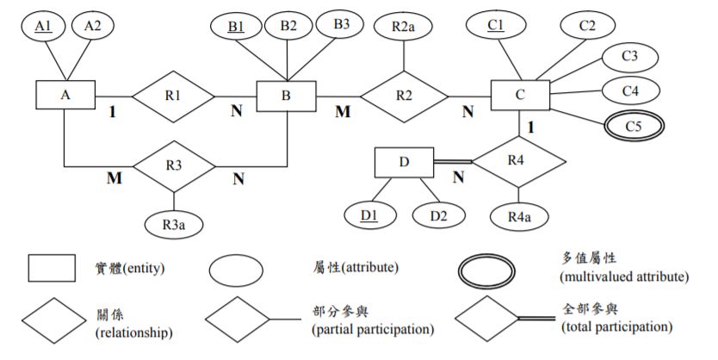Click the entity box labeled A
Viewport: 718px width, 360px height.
pos(65,95)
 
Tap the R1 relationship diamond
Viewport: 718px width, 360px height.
pos(173,95)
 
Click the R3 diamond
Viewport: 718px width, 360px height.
pos(173,164)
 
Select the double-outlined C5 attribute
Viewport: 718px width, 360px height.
pos(634,126)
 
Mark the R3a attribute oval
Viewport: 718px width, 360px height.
pos(173,222)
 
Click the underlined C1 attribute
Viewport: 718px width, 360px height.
pos(496,26)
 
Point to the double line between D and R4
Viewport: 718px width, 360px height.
pos(453,161)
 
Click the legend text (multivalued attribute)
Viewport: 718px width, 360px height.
pos(622,277)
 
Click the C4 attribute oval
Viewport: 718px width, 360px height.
pos(630,90)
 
